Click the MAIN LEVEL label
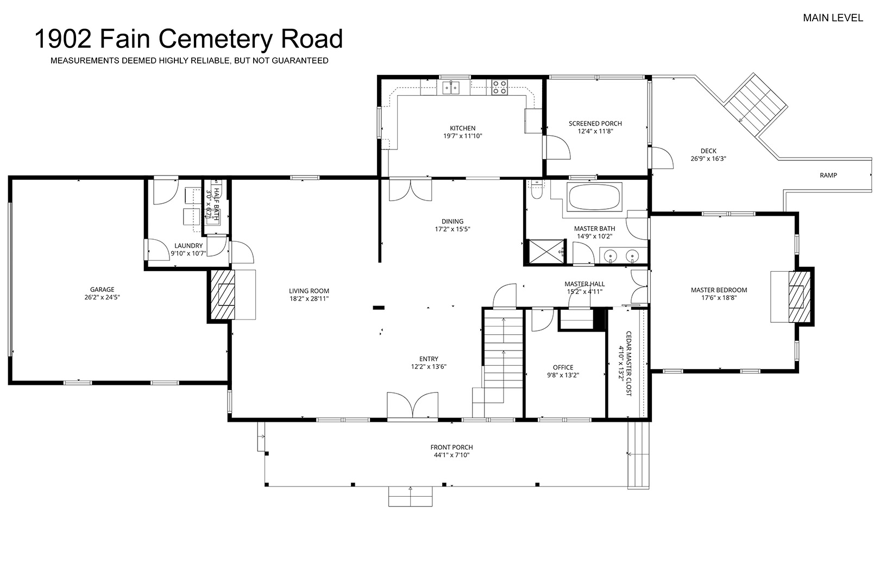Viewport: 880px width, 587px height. point(833,18)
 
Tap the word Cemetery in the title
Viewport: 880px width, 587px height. point(215,39)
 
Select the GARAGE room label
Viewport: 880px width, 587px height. point(102,289)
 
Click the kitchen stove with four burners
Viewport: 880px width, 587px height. point(499,88)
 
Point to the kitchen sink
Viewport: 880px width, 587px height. point(451,88)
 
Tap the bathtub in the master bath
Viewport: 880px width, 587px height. point(594,197)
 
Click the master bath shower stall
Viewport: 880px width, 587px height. point(546,251)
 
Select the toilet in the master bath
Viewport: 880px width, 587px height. point(536,190)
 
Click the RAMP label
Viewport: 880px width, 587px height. point(828,176)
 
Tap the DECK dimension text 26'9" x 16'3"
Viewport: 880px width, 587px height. point(708,159)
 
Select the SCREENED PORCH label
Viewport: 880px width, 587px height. point(595,123)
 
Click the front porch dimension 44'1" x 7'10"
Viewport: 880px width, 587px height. point(451,455)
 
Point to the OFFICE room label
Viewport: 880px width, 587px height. point(563,367)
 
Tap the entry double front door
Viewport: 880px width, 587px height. point(412,405)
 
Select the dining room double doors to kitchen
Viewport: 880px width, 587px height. point(411,190)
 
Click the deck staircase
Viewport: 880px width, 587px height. point(756,104)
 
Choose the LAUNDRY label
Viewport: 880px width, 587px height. point(188,246)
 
